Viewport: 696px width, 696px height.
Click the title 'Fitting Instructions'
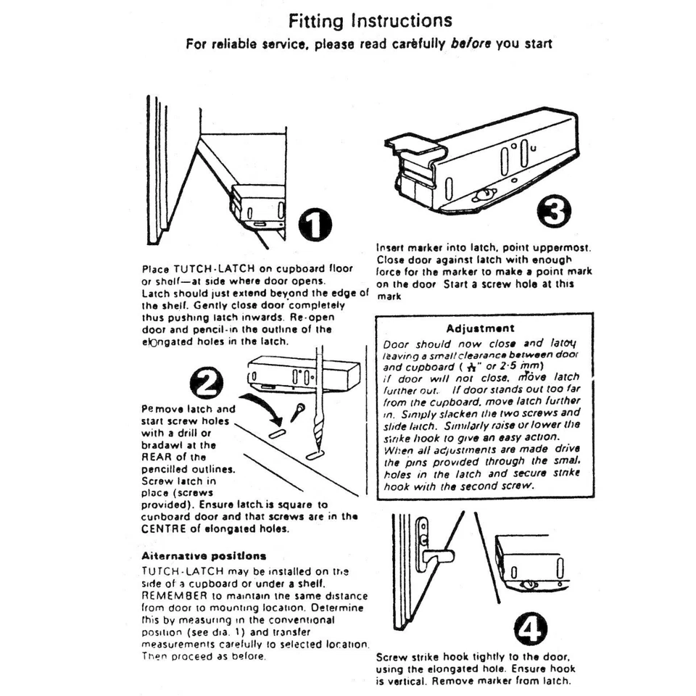369,20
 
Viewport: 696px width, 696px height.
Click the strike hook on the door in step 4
434,556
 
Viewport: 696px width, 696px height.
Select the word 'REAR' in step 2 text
157,457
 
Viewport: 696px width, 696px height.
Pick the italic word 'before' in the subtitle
471,43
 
